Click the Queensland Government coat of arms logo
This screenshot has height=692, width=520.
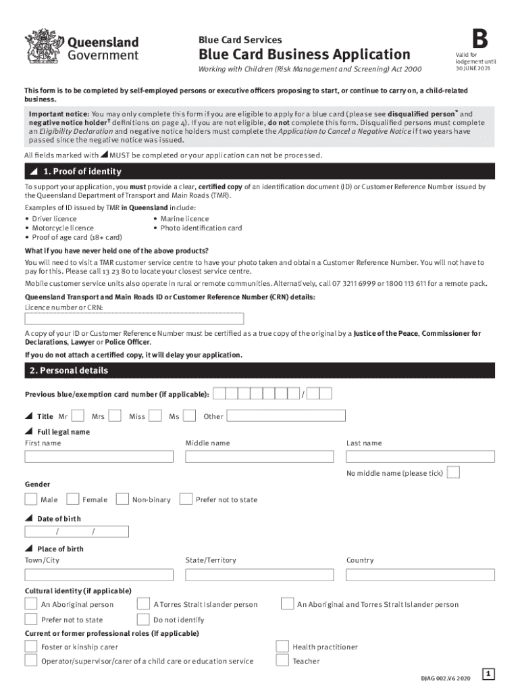(x=43, y=46)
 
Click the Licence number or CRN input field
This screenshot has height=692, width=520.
(x=134, y=319)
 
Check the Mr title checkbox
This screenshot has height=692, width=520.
(x=78, y=416)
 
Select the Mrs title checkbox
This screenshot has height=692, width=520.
(x=115, y=416)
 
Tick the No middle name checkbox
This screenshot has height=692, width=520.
(x=454, y=472)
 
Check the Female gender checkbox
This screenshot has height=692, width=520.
(x=72, y=499)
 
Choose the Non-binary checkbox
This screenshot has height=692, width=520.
(x=122, y=499)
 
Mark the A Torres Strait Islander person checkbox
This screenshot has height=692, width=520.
(x=143, y=603)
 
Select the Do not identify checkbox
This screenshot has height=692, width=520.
(x=143, y=619)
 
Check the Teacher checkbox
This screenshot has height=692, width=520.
(x=283, y=661)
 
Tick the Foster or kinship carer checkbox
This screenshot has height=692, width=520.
(x=30, y=647)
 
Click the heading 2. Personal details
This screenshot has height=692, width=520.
(x=70, y=370)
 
